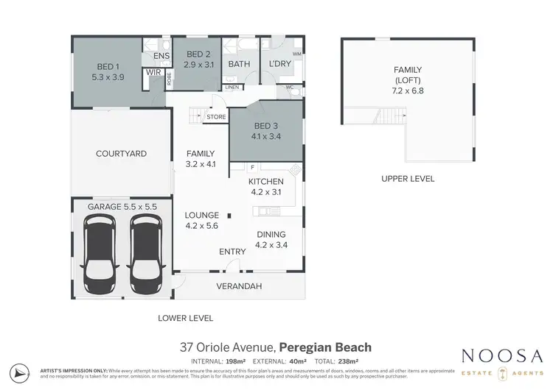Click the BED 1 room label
(x=108, y=65)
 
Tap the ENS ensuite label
(x=161, y=56)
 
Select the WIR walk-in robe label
(x=154, y=72)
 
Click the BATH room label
(x=239, y=64)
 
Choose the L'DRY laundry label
(x=280, y=64)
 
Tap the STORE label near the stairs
(x=216, y=116)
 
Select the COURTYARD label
(x=121, y=154)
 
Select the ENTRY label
(x=232, y=252)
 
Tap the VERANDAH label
(x=238, y=286)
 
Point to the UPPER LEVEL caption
(x=408, y=179)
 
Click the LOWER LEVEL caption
(x=186, y=319)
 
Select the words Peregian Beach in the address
(x=325, y=347)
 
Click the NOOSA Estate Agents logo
(x=504, y=362)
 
